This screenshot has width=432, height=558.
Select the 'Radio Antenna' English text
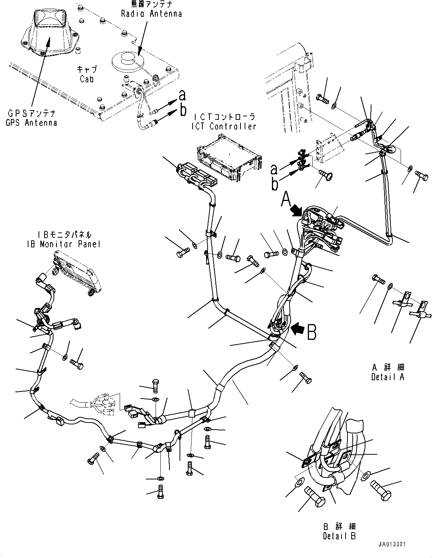151,14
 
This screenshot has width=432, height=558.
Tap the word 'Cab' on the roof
86,79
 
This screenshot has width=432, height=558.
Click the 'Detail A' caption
387,377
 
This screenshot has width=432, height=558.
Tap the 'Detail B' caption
339,536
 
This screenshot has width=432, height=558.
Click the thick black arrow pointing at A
299,211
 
